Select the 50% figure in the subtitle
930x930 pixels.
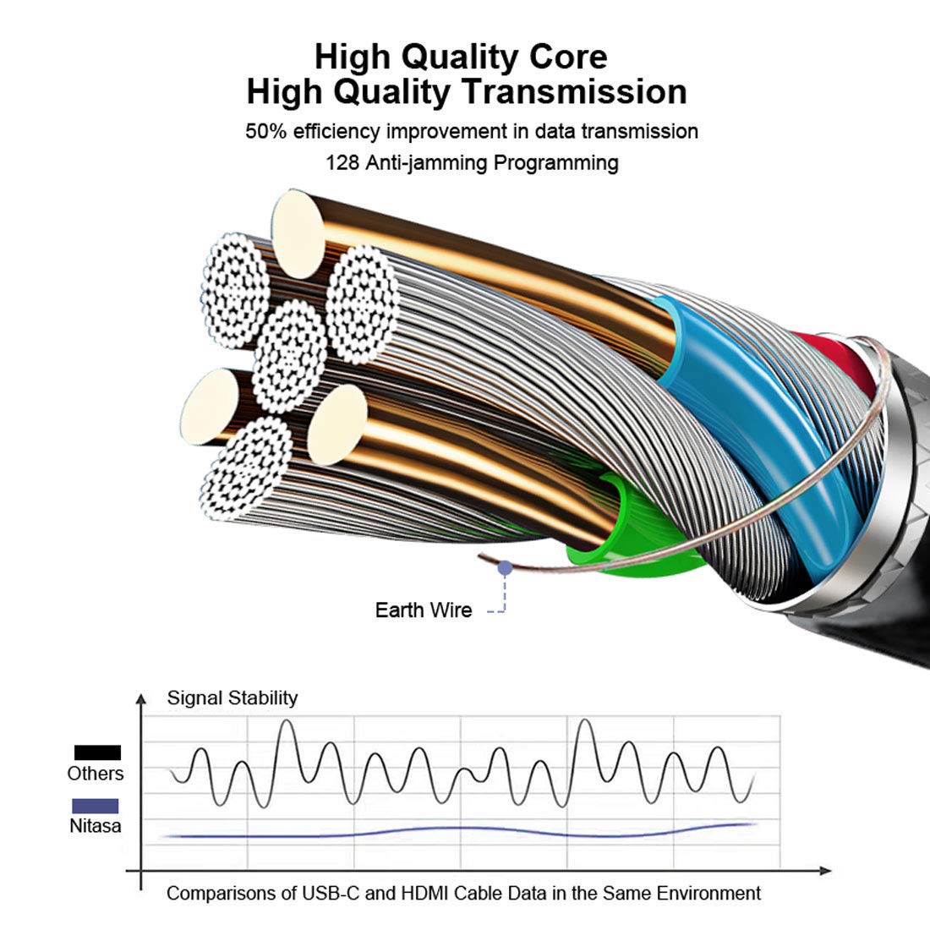click(x=265, y=131)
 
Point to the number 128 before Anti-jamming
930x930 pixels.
click(x=342, y=162)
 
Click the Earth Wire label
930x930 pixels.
click(x=424, y=610)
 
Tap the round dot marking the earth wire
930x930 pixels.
click(x=505, y=568)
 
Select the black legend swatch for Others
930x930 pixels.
click(x=97, y=752)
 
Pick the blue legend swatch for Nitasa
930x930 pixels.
click(x=96, y=806)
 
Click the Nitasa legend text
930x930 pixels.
click(x=96, y=826)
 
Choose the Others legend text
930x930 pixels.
click(x=96, y=774)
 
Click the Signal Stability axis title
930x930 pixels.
click(x=232, y=698)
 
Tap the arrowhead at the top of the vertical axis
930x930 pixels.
click(x=141, y=697)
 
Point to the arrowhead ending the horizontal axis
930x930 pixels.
click(x=825, y=871)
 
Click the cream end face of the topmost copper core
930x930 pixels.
click(x=298, y=234)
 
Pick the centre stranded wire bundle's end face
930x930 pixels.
click(x=289, y=356)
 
